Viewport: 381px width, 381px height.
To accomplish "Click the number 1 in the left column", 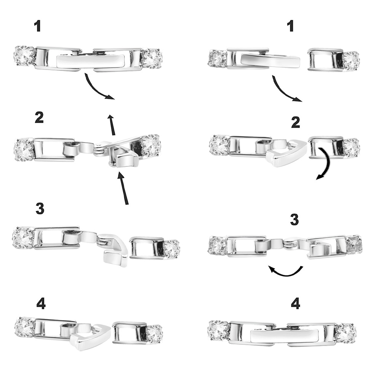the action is pyautogui.click(x=37, y=26).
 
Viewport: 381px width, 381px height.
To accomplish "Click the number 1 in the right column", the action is pyautogui.click(x=290, y=26).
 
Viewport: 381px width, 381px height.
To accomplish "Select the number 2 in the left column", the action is pyautogui.click(x=39, y=118).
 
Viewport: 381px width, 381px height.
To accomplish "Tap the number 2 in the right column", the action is pyautogui.click(x=296, y=122).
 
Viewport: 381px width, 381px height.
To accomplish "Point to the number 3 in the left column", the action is pyautogui.click(x=40, y=209).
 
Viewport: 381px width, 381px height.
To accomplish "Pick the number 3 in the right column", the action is pyautogui.click(x=295, y=219).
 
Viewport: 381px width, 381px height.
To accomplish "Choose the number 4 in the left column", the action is pyautogui.click(x=41, y=304).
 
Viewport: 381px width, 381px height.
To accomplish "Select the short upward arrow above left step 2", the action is pyautogui.click(x=112, y=125).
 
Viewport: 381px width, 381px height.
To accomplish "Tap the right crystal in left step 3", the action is pyautogui.click(x=171, y=249).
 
